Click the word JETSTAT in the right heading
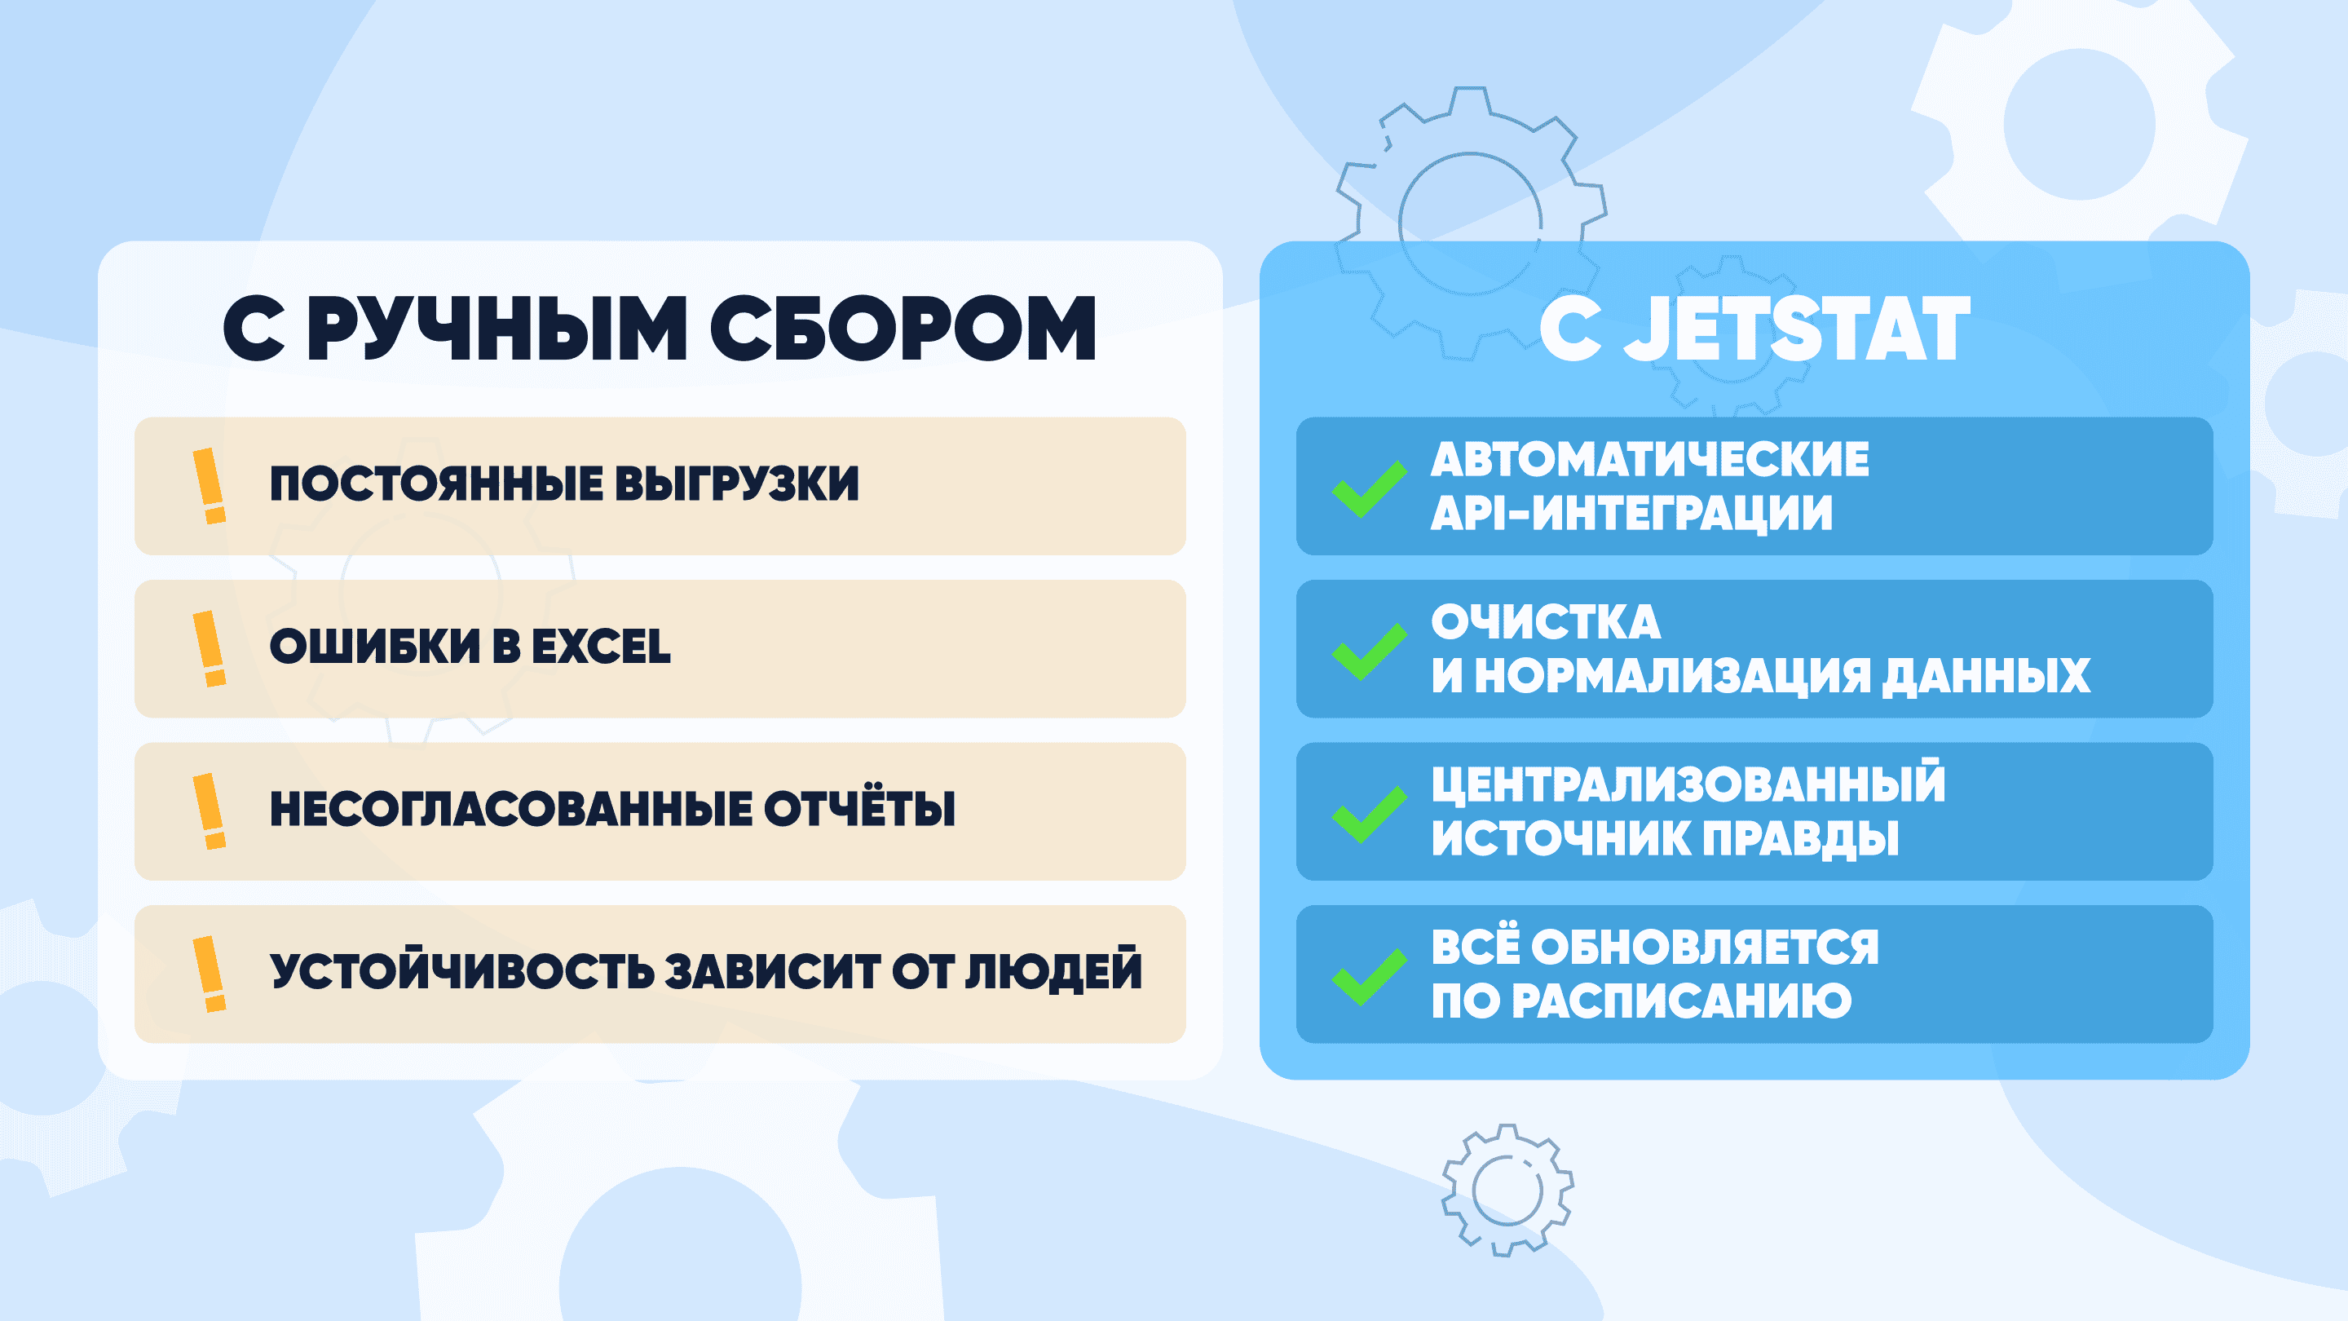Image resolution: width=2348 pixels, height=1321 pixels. tap(1798, 329)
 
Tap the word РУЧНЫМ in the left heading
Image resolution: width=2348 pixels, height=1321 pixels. tap(497, 329)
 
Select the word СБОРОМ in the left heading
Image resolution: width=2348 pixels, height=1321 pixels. tap(903, 329)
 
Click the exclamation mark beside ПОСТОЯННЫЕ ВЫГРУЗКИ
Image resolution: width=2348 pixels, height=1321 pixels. tap(210, 486)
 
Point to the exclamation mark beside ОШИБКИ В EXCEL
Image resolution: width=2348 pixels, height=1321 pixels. tap(210, 648)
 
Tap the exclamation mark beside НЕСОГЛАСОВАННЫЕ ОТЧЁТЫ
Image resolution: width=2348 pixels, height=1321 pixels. tap(210, 811)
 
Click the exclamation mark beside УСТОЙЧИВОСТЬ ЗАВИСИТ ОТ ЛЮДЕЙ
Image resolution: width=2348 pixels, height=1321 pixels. tap(210, 974)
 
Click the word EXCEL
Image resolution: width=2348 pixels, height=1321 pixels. tap(601, 647)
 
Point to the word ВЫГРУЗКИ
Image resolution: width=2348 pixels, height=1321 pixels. tap(737, 484)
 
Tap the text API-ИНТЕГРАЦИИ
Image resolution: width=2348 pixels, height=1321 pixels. tap(1631, 513)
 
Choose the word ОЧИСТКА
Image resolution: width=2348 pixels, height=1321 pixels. tap(1546, 623)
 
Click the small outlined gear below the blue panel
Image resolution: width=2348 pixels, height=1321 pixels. tap(1508, 1190)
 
